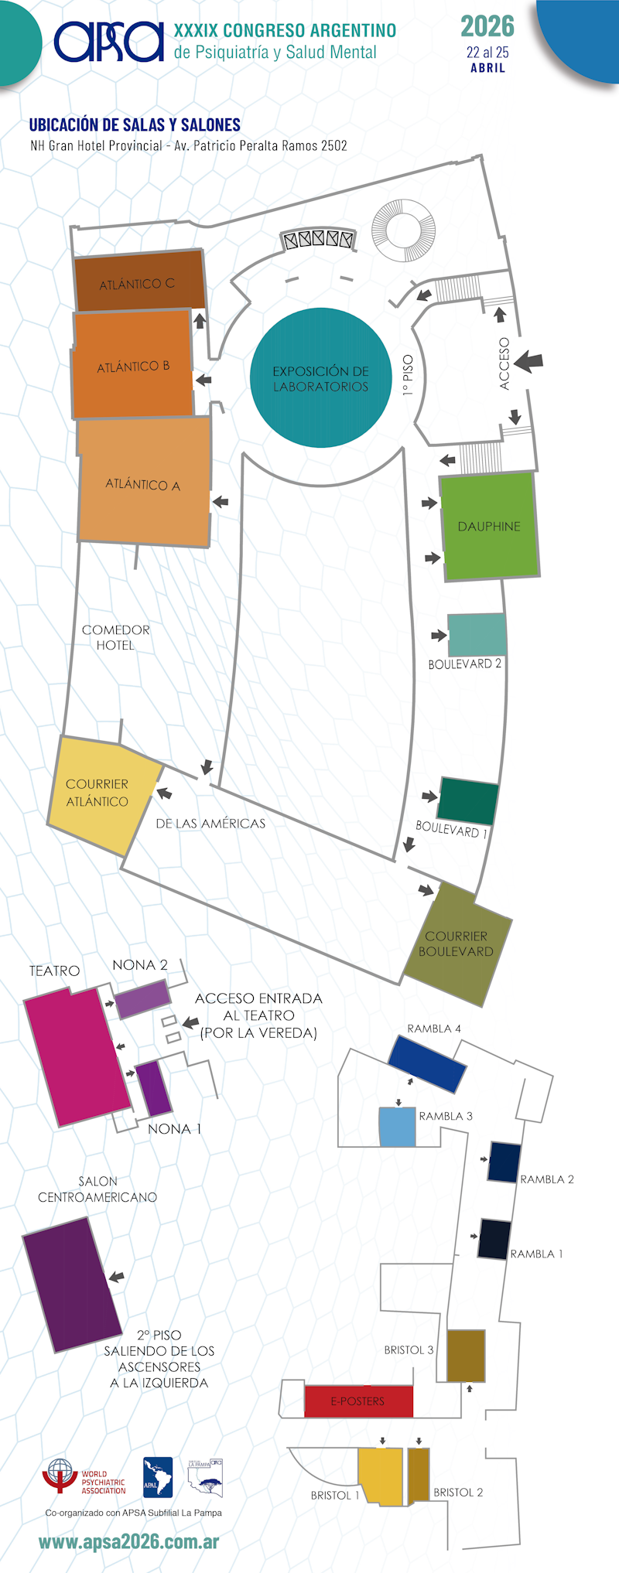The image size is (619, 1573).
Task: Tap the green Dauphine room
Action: (489, 526)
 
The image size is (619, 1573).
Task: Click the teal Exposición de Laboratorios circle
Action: (321, 377)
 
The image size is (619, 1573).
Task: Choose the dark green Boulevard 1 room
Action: (467, 801)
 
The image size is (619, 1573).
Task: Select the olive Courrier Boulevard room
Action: (457, 943)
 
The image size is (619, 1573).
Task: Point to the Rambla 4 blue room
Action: (427, 1064)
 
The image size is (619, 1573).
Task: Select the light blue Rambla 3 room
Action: (397, 1127)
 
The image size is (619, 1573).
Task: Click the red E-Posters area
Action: (358, 1401)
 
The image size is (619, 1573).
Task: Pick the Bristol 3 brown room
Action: (466, 1356)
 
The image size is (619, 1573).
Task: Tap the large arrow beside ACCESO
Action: (528, 361)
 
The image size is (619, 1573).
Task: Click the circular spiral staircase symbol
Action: (403, 230)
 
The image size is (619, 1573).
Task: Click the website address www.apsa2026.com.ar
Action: (128, 1542)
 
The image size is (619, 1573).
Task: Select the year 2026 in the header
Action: (487, 26)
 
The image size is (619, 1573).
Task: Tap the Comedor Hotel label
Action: (116, 637)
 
